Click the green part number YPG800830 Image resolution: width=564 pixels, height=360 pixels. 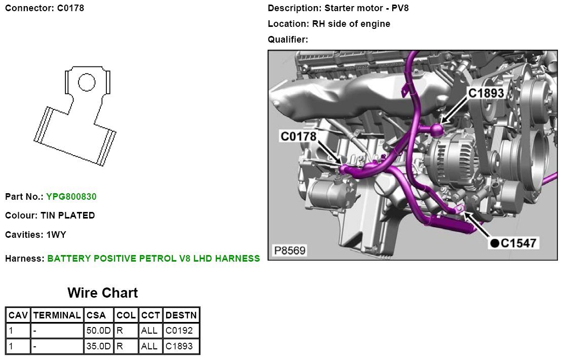pos(71,196)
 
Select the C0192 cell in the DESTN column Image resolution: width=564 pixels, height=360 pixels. pos(181,331)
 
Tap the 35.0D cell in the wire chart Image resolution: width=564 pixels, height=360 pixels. pos(99,347)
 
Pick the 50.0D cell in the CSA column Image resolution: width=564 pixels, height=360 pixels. pos(99,331)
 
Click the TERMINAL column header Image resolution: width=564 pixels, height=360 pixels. pos(57,315)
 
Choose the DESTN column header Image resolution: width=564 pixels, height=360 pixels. pos(181,315)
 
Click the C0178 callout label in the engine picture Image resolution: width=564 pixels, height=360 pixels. pos(298,136)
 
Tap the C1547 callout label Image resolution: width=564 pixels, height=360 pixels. pos(518,243)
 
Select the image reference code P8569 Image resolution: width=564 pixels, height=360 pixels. pos(290,250)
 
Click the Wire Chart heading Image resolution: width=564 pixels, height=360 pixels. pos(102,293)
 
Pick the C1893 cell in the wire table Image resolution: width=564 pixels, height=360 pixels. pos(181,347)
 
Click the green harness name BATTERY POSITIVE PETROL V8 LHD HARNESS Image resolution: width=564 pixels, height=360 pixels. pos(154,259)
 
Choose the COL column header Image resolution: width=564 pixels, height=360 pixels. pos(126,315)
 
